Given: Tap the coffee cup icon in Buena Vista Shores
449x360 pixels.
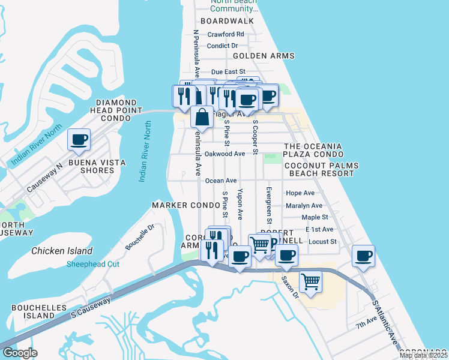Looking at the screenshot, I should pyautogui.click(x=79, y=140).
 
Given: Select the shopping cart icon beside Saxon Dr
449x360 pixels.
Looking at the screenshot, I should pyautogui.click(x=310, y=281).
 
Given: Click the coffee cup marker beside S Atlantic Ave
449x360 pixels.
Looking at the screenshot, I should pyautogui.click(x=363, y=256).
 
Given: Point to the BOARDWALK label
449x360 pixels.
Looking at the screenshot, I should pyautogui.click(x=228, y=21).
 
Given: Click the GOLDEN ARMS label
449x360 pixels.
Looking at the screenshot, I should pyautogui.click(x=264, y=56).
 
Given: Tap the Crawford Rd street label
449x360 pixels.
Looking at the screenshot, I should pyautogui.click(x=226, y=34).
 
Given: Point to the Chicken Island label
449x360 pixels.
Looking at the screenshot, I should pyautogui.click(x=62, y=251).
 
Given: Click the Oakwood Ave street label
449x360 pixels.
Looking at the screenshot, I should pyautogui.click(x=224, y=154).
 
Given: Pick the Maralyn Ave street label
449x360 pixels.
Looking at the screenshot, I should pyautogui.click(x=304, y=205).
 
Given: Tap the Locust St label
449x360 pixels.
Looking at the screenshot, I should pyautogui.click(x=323, y=242).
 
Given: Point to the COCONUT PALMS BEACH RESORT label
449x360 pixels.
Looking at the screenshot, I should pyautogui.click(x=321, y=169).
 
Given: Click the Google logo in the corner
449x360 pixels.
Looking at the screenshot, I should pyautogui.click(x=20, y=352).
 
